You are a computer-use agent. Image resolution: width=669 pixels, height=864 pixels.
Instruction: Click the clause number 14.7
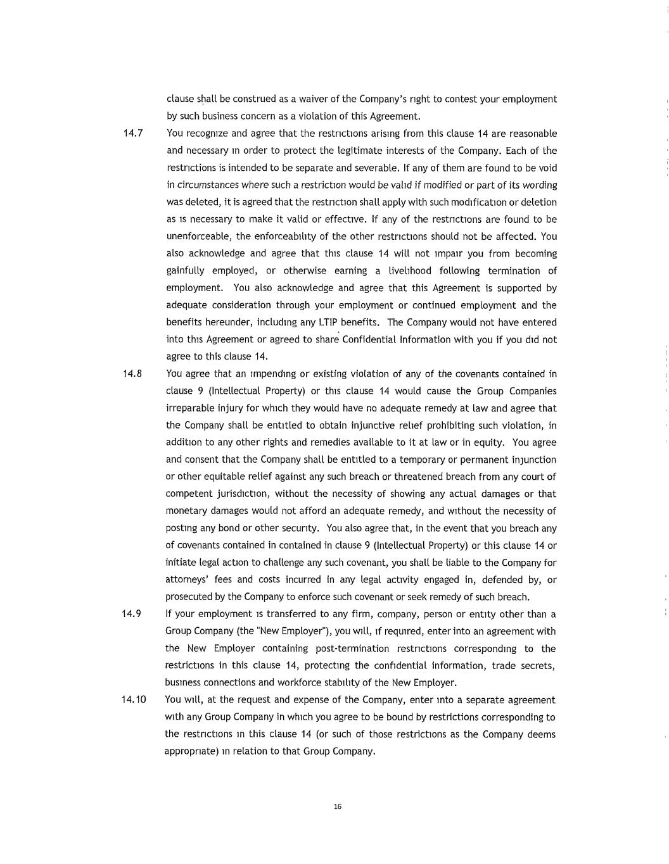coord(133,134)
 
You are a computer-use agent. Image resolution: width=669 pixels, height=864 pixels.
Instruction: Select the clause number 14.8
coord(132,373)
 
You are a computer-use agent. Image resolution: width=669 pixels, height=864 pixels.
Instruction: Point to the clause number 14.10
coord(134,699)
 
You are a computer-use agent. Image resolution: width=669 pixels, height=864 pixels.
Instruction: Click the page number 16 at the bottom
coord(337,806)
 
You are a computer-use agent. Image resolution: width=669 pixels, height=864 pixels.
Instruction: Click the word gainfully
coord(186,271)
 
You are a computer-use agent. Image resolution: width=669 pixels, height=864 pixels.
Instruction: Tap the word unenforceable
coord(199,237)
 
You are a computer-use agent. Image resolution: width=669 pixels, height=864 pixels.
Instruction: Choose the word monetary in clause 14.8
coord(186,511)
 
